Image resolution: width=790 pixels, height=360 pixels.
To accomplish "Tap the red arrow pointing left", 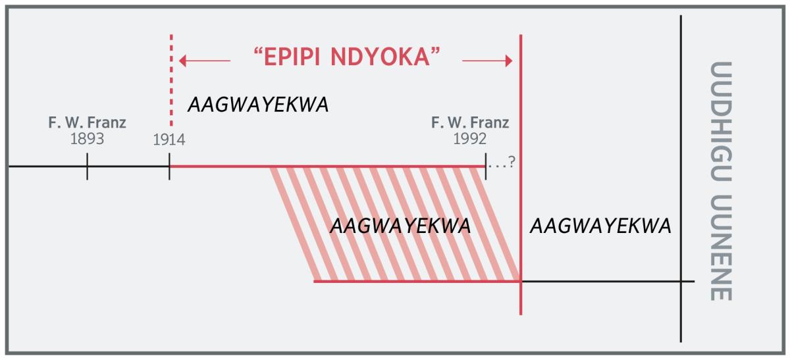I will coord(204,61).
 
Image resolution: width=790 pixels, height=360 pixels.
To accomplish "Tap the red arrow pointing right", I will coord(487,61).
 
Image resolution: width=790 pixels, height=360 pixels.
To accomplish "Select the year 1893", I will coord(87,140).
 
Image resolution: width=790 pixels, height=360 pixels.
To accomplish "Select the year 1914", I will coord(169,140).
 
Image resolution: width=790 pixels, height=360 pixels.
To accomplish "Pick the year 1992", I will coord(470,140).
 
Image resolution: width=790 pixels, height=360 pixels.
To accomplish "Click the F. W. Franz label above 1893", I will coord(87,123).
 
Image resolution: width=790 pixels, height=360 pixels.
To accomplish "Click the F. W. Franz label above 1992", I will coord(470,123).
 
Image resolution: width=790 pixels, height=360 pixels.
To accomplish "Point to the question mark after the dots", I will coord(510,165).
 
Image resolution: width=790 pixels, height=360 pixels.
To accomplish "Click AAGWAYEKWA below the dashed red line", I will coord(258,105).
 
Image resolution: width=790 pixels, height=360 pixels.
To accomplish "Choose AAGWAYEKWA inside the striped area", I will coord(400,226).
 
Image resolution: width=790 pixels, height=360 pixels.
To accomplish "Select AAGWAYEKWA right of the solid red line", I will coord(600,226).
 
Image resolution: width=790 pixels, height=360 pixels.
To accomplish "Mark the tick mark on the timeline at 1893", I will coord(88,167).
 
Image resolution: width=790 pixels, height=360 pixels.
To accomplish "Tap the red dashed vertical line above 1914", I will coord(171,79).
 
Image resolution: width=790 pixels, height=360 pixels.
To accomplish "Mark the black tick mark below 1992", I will coord(485,167).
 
